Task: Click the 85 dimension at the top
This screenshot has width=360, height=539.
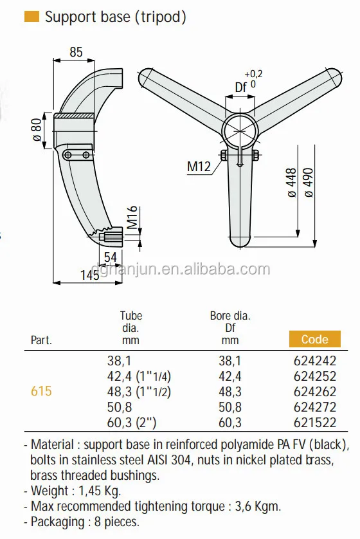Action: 76,52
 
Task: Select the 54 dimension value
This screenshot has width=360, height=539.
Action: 111,257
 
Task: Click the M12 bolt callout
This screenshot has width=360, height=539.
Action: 199,167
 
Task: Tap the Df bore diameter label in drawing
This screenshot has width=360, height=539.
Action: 241,87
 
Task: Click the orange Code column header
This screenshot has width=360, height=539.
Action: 314,339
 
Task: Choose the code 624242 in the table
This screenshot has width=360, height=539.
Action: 314,361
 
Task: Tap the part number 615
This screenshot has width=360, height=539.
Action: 41,391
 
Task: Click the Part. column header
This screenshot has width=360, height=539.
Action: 41,340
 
